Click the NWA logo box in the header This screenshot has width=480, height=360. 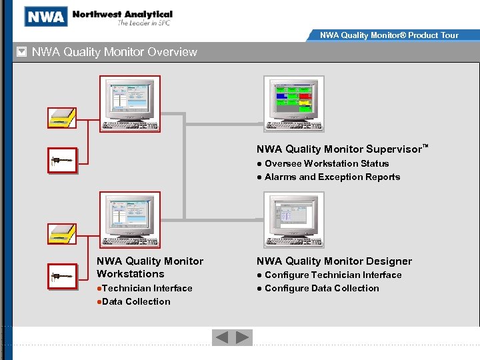[46, 16]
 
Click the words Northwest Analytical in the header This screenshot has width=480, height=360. [122, 14]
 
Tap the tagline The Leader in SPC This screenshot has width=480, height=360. [145, 23]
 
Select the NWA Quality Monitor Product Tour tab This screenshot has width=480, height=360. [389, 35]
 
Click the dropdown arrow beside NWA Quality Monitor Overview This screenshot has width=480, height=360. [21, 52]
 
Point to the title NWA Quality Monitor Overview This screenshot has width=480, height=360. [115, 52]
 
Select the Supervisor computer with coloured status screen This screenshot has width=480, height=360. [293, 103]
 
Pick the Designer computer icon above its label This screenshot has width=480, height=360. [293, 219]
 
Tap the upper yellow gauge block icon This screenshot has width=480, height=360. [62, 118]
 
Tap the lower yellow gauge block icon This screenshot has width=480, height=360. [62, 234]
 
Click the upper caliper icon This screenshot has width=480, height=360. [63, 161]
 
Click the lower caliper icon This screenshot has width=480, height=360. [63, 277]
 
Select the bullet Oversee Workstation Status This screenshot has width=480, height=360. [326, 163]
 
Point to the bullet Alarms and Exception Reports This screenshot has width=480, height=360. [332, 177]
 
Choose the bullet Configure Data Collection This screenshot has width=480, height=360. [321, 288]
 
